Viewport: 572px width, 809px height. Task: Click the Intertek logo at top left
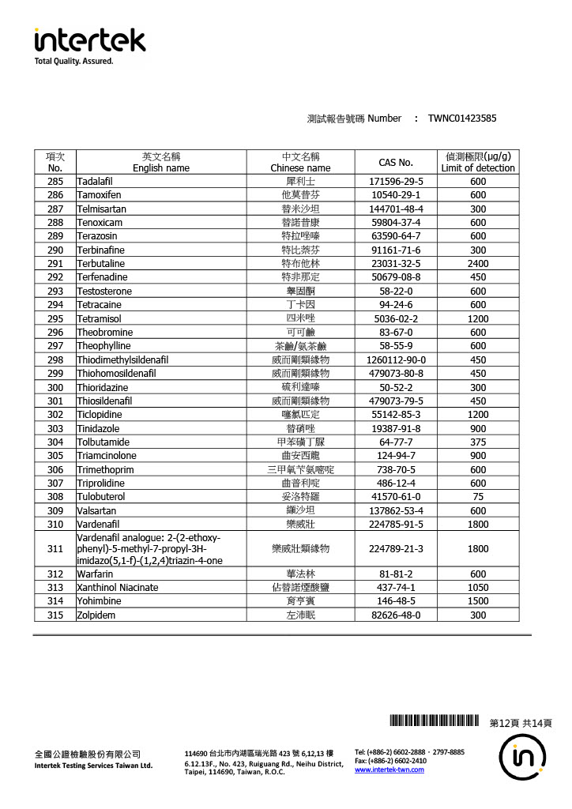tap(89, 44)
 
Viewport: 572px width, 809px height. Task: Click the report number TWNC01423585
tap(462, 119)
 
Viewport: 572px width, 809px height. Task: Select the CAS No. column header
tap(396, 162)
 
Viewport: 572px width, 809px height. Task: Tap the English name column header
tap(161, 162)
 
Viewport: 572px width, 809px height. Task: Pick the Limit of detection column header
tap(478, 162)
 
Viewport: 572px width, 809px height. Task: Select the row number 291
tap(55, 263)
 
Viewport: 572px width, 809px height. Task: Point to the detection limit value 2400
tap(478, 263)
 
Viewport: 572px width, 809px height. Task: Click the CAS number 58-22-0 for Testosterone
tap(396, 291)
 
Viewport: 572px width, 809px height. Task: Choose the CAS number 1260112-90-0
tap(396, 359)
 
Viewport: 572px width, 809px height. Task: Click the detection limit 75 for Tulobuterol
tap(478, 497)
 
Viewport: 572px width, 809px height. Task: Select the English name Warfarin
tap(95, 574)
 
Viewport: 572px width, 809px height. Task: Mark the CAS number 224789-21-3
tap(396, 548)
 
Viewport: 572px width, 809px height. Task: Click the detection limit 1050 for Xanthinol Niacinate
tap(478, 588)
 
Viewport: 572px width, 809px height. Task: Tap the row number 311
tap(55, 548)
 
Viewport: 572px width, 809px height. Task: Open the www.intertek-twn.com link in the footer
tap(389, 769)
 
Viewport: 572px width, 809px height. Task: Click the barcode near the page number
tap(435, 721)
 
